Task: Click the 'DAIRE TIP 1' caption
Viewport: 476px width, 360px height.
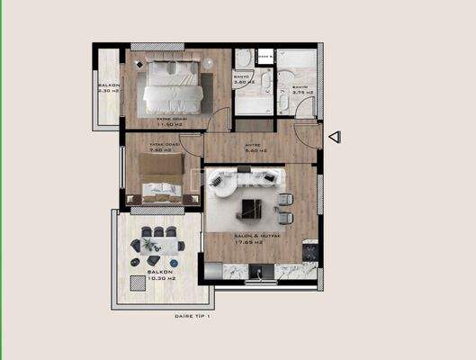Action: tap(192, 317)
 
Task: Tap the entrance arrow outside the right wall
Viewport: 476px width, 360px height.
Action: tap(334, 137)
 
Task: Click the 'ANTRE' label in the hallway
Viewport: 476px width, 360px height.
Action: tap(252, 145)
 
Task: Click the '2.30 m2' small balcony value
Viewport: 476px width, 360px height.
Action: tap(108, 91)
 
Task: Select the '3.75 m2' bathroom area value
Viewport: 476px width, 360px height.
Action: tap(302, 91)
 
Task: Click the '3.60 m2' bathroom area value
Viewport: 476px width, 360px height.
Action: tap(244, 82)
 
